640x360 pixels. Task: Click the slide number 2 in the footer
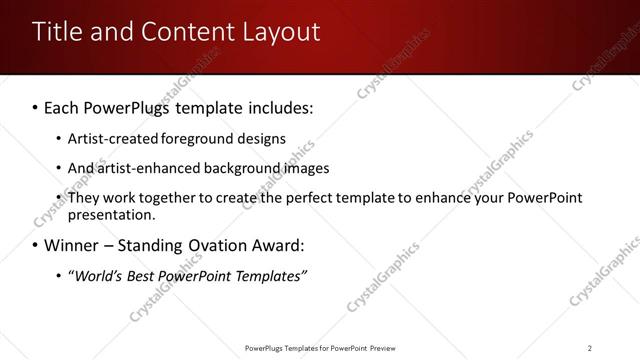pos(590,348)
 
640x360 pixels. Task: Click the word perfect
pos(312,198)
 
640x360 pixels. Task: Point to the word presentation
pos(111,215)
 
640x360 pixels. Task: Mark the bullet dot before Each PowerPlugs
pos(35,106)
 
